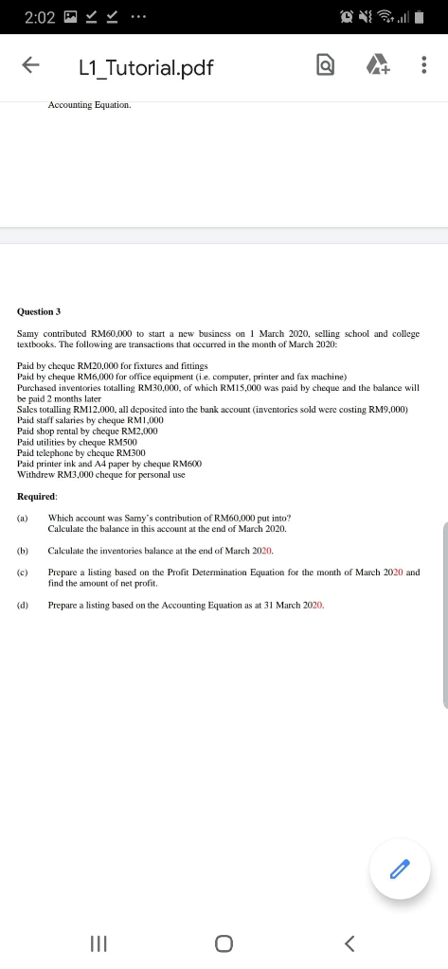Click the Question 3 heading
click(x=39, y=311)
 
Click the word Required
click(x=37, y=496)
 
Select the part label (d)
click(x=23, y=604)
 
